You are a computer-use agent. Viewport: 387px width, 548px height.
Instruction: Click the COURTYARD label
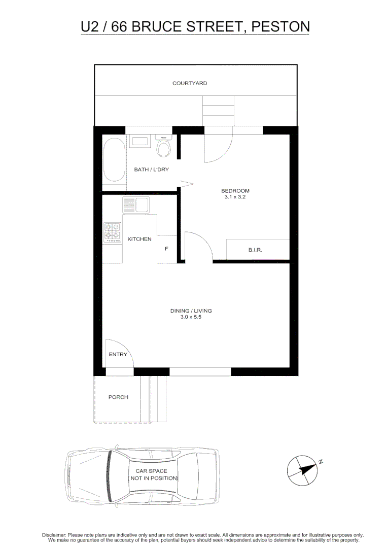coord(190,83)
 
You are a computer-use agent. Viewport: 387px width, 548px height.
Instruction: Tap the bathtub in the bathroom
coord(114,161)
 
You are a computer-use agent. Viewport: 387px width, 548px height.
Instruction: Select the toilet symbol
coord(163,147)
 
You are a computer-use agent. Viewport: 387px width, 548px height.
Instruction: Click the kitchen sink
coord(135,205)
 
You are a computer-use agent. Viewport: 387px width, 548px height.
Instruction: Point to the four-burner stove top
coord(113,232)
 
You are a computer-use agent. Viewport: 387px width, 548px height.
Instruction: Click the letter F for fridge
coord(166,249)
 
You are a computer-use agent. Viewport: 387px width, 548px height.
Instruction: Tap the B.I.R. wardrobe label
coord(255,250)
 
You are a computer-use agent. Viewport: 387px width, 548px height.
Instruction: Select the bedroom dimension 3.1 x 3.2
coord(235,197)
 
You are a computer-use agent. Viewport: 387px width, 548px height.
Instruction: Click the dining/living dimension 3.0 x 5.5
coord(191,317)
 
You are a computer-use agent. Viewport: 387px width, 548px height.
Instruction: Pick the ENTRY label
coord(118,355)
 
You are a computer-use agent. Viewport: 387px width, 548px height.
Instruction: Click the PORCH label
coord(118,397)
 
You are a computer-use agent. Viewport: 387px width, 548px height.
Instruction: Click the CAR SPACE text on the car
coord(151,471)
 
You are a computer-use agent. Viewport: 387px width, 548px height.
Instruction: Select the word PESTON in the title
coord(280,26)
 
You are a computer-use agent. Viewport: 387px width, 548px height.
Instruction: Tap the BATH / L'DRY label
coord(151,169)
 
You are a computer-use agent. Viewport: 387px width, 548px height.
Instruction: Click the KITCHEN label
coord(139,239)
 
